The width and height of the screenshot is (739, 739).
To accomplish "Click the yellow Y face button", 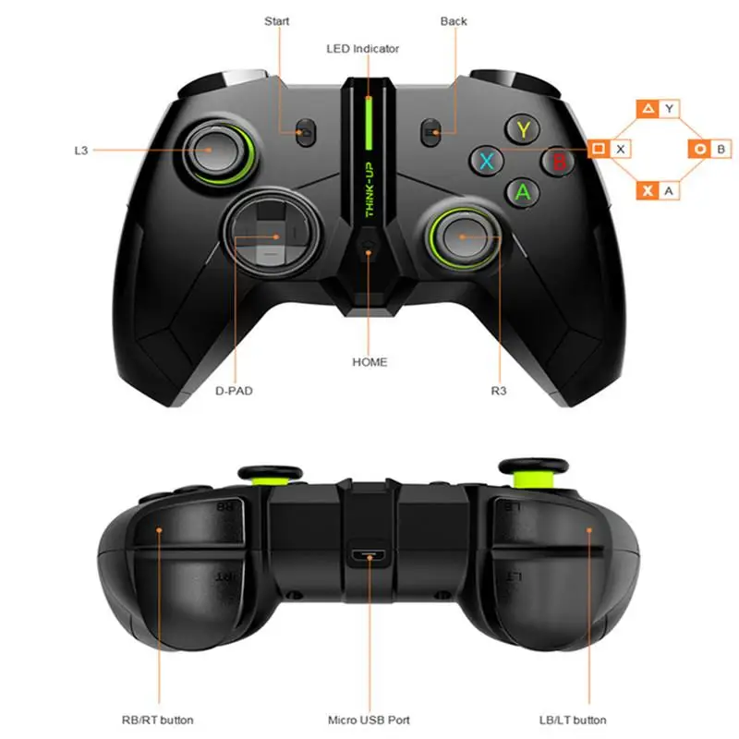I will [523, 128].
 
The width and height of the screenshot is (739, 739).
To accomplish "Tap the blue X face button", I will [487, 161].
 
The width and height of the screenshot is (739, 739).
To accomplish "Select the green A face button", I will [523, 191].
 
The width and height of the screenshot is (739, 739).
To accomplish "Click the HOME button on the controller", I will [369, 250].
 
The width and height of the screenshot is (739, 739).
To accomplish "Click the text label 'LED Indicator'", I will [363, 48].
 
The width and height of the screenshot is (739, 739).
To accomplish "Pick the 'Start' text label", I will [276, 20].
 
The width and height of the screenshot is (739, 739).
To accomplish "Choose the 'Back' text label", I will [454, 20].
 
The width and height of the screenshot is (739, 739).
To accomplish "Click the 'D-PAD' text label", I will [234, 391].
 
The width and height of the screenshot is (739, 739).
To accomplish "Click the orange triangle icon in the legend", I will [648, 109].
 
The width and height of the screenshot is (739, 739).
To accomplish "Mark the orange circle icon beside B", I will [701, 148].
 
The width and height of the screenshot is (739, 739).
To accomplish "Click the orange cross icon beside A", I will [648, 190].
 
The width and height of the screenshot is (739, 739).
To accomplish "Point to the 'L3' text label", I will [81, 150].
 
